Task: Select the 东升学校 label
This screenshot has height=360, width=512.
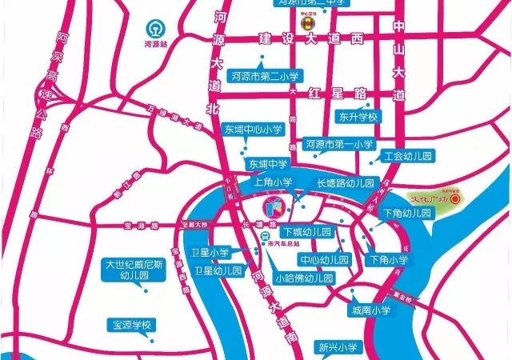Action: (357, 117)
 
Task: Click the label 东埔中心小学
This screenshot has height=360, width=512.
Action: (251, 129)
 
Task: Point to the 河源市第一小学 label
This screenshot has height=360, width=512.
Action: (339, 145)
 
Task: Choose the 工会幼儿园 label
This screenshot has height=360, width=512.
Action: (406, 157)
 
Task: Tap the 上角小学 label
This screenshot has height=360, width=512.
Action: (272, 183)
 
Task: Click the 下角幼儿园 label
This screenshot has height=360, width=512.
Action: (407, 214)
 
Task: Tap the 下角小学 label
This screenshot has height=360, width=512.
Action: (389, 260)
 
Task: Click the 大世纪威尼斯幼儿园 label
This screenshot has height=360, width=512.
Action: (129, 270)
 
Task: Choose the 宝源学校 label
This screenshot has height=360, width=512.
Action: (134, 326)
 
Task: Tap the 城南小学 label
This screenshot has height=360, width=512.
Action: (370, 310)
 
